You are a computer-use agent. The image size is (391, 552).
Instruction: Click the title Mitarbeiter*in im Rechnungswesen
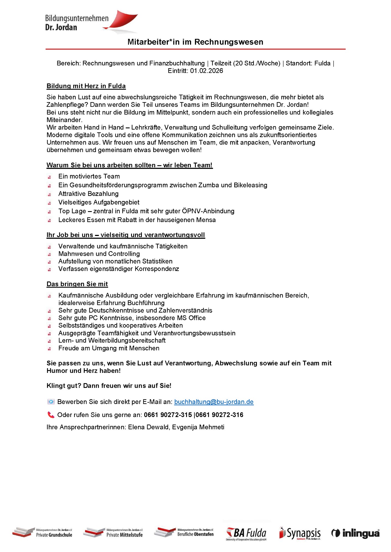[195, 42]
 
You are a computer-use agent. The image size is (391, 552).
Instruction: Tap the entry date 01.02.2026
[206, 71]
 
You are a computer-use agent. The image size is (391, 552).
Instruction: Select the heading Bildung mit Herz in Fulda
[86, 86]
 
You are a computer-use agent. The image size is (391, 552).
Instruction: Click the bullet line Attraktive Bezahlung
[88, 194]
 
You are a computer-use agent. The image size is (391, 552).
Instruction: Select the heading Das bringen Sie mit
[77, 284]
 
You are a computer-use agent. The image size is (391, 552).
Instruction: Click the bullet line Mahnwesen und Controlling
[99, 254]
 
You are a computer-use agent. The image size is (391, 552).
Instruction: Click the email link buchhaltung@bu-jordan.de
[214, 402]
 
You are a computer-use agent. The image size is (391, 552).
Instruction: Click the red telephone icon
[51, 415]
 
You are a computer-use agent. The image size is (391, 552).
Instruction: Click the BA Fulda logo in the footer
[246, 534]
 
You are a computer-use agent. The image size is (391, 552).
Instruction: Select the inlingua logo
[356, 533]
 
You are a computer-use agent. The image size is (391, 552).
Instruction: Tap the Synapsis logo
[300, 533]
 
